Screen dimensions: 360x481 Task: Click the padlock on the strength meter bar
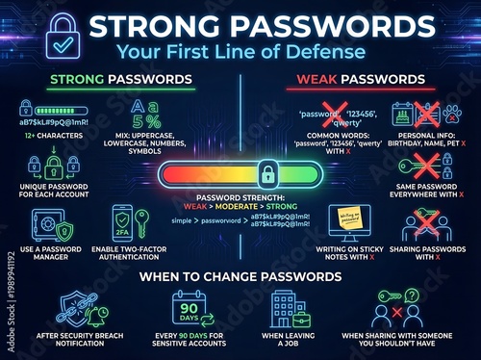(265, 173)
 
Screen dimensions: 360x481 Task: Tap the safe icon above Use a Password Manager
(43, 227)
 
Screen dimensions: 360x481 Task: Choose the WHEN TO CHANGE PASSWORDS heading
(240, 276)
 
